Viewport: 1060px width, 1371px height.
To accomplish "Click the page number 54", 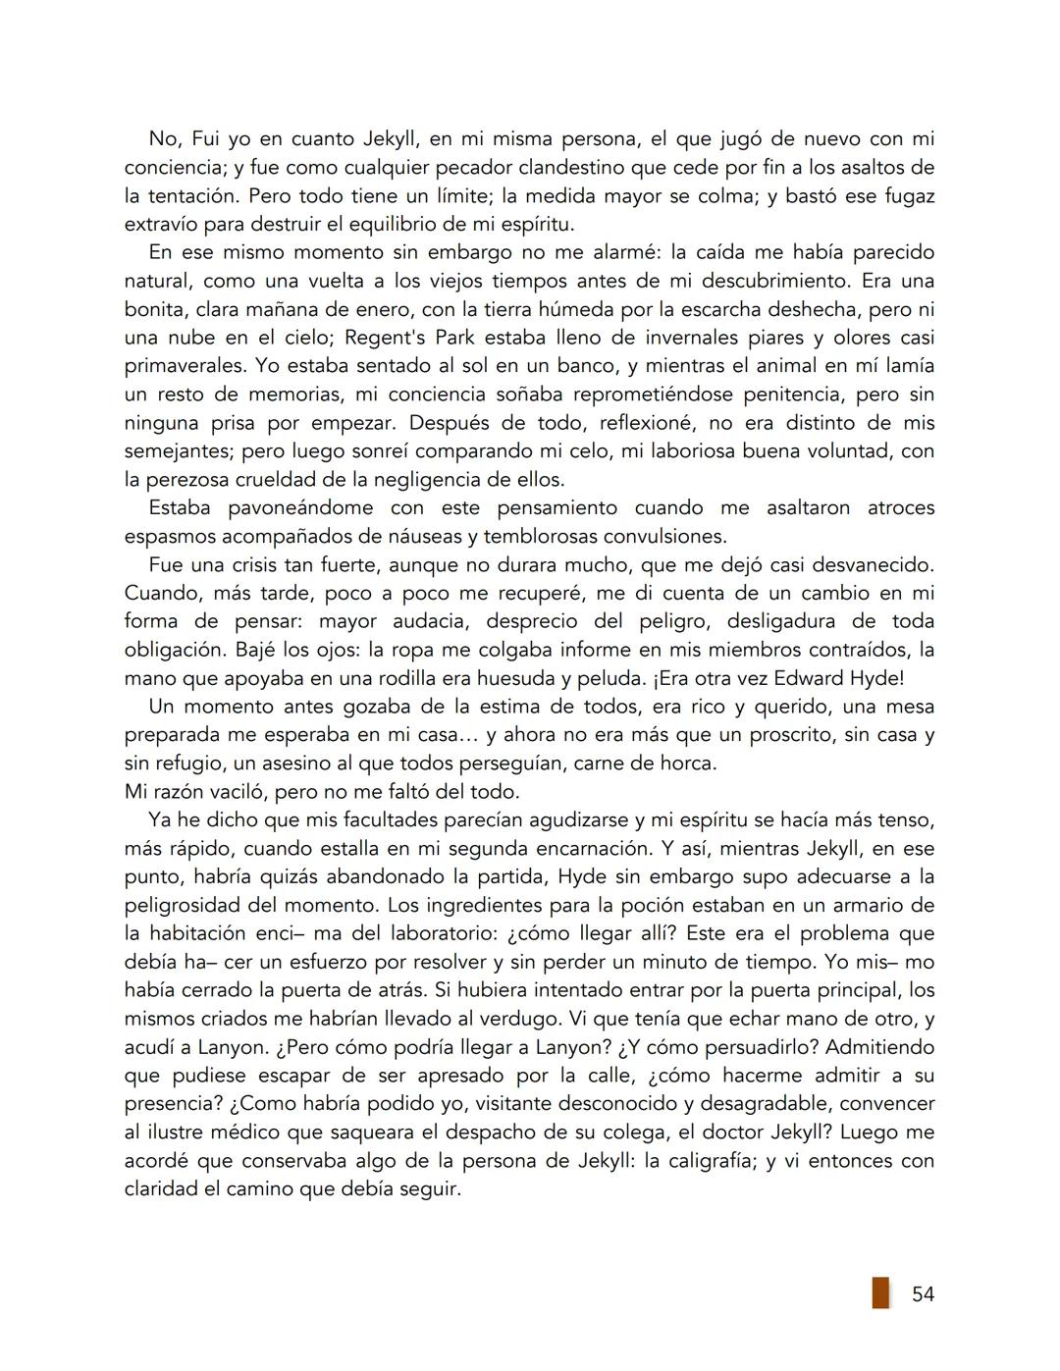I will click(x=923, y=1293).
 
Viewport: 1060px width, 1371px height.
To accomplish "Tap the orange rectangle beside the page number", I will click(x=880, y=1292).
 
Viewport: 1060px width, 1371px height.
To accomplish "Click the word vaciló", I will click(x=230, y=792).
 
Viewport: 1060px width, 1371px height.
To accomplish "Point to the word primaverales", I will click(x=184, y=366).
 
